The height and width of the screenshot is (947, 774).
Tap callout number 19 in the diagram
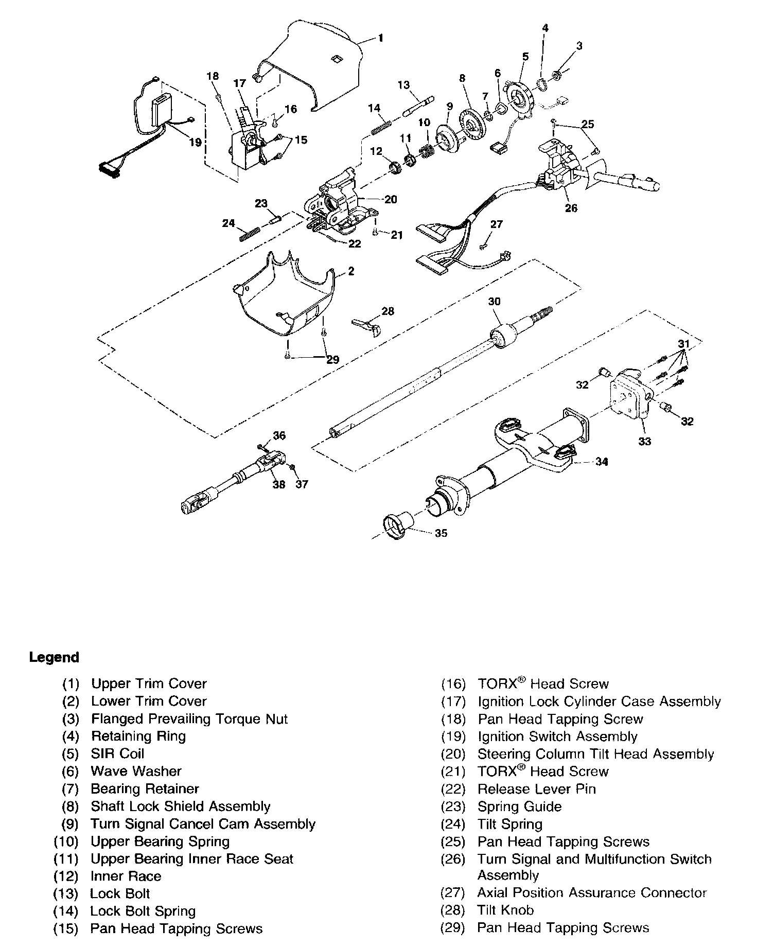point(195,142)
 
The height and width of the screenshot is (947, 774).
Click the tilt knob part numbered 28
point(366,326)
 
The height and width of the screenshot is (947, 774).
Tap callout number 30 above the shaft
point(494,301)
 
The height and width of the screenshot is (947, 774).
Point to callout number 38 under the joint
point(278,484)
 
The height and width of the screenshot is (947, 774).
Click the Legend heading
point(54,657)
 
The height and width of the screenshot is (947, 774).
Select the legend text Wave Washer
point(136,771)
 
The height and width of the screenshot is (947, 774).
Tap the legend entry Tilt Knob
point(505,910)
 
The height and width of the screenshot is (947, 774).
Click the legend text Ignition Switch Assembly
point(557,736)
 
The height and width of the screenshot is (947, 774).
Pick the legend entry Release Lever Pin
point(536,789)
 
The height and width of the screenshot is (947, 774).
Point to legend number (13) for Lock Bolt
point(66,893)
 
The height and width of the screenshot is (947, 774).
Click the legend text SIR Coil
point(117,753)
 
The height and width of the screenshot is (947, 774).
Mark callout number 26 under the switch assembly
point(571,208)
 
